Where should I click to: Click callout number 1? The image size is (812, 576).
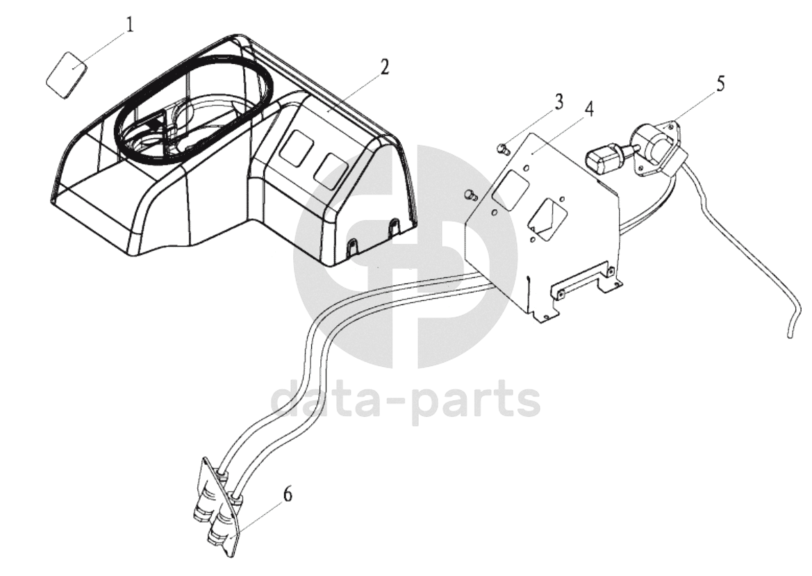point(130,25)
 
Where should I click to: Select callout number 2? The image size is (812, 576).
point(383,67)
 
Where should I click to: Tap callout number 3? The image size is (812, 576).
point(558,102)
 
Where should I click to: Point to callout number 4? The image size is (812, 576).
point(589,110)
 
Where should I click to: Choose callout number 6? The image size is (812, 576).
point(287,495)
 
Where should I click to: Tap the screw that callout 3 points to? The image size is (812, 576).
point(502,149)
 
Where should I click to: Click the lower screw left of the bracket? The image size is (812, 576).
point(471,195)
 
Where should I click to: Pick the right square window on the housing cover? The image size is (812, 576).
point(333,168)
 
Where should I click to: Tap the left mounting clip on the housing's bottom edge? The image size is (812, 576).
point(354,247)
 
